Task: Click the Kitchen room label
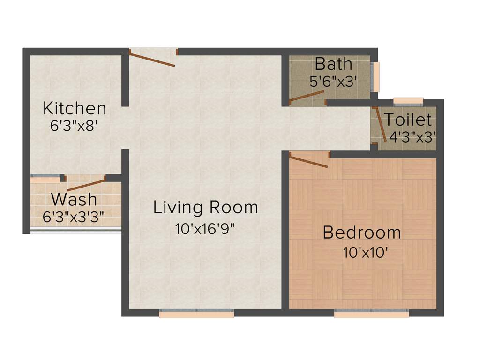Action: coord(75,109)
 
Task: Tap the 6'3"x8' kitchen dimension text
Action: coord(75,126)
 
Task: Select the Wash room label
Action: coord(74,199)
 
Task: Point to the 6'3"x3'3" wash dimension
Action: coord(74,217)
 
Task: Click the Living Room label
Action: coord(206,207)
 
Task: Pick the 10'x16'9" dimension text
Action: coord(205,229)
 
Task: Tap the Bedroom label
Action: coord(362,232)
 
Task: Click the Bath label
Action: coord(333,63)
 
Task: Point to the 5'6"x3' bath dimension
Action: coord(334,81)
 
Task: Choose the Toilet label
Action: coord(408,120)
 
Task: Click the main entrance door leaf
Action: coord(152,60)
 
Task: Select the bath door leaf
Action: coord(307,96)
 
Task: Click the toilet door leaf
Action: coord(381,124)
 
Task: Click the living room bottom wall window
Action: coord(196,315)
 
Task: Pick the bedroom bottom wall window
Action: coord(371,315)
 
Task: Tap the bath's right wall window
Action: coord(376,77)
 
